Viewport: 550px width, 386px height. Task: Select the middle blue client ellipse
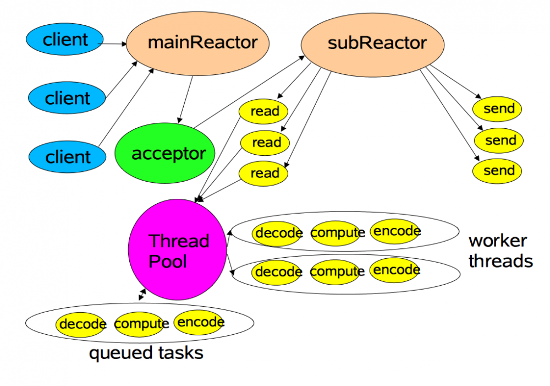tap(67, 98)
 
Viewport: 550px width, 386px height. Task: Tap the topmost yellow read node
tap(265, 111)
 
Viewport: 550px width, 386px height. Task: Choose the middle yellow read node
tap(266, 143)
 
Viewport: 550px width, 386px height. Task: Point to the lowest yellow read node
tap(265, 173)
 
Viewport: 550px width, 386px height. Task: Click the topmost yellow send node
tap(498, 109)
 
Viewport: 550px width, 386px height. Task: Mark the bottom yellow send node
tap(498, 171)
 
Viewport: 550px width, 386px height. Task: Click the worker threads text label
tap(499, 251)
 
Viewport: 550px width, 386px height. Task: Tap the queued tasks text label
tap(146, 353)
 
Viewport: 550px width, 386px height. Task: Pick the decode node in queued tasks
tap(81, 324)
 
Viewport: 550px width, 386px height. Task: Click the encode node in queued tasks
tap(199, 322)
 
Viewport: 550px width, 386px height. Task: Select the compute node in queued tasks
tap(141, 324)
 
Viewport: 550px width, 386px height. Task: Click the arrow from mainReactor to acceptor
tap(186, 99)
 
